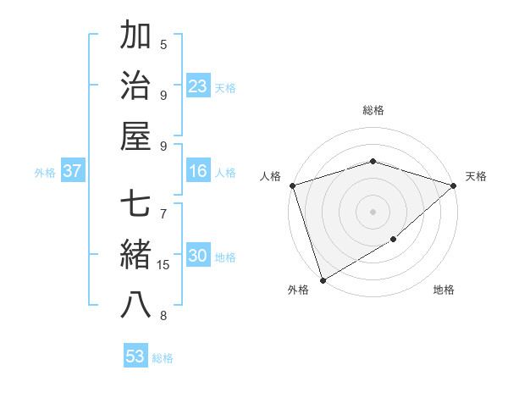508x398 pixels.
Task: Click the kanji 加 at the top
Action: pos(136,36)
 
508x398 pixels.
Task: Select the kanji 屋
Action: pos(136,136)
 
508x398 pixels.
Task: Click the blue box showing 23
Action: pos(198,86)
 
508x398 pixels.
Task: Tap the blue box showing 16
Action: pos(198,172)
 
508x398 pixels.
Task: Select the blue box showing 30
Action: pos(198,257)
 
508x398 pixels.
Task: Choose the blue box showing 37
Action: pos(73,172)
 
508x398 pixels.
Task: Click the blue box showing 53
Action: pos(135,357)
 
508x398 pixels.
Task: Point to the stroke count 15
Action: pos(163,265)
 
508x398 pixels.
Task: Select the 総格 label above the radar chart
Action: pos(373,110)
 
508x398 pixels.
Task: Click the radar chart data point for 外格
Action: pos(323,279)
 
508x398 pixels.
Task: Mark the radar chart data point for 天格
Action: pos(455,185)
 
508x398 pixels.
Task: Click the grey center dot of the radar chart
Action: pos(373,212)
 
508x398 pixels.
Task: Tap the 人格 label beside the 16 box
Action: pos(225,173)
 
